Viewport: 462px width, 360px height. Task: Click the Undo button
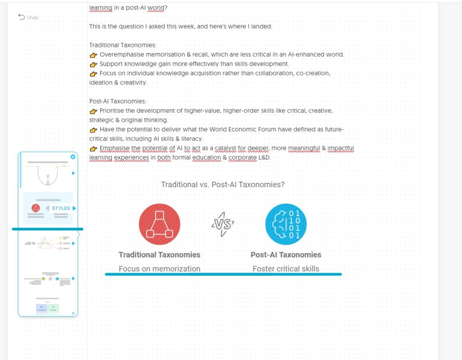coord(28,17)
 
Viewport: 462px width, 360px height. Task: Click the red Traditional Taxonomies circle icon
coord(159,224)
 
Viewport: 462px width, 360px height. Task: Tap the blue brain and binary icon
coord(286,224)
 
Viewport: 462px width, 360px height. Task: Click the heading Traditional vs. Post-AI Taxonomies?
coord(223,185)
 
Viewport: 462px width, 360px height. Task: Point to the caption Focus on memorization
coord(159,268)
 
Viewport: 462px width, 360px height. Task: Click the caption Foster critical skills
coord(286,268)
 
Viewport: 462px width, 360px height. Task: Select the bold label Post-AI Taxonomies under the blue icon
coord(286,254)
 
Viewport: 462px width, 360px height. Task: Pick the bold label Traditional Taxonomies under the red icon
coord(159,254)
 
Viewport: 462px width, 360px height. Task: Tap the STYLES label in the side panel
coord(61,208)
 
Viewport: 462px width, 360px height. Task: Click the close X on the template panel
coord(73,157)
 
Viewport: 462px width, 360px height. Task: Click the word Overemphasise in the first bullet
coord(120,55)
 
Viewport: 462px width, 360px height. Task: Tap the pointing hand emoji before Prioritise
coord(93,111)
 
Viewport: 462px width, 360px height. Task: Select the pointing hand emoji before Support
coord(93,64)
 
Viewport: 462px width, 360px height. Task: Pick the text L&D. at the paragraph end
coord(264,158)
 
